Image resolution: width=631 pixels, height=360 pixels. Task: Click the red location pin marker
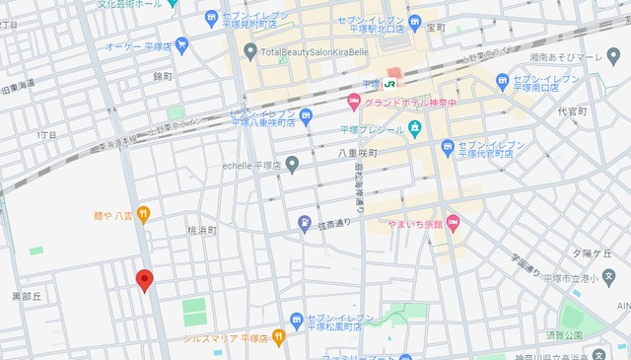pyautogui.click(x=144, y=280)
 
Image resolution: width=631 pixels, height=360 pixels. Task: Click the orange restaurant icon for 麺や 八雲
pyautogui.click(x=144, y=212)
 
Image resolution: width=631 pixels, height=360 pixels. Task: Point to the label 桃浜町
pyautogui.click(x=201, y=230)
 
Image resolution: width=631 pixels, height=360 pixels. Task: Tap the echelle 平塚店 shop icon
pyautogui.click(x=292, y=165)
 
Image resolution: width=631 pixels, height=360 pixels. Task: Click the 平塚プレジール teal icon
pyautogui.click(x=414, y=128)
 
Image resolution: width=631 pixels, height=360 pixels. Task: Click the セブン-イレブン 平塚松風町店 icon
pyautogui.click(x=297, y=319)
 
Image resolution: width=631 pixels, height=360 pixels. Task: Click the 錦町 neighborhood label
pyautogui.click(x=163, y=75)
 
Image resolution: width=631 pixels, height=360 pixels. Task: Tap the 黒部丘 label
pyautogui.click(x=27, y=296)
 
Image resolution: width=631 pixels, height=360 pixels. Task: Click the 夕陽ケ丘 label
pyautogui.click(x=595, y=253)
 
